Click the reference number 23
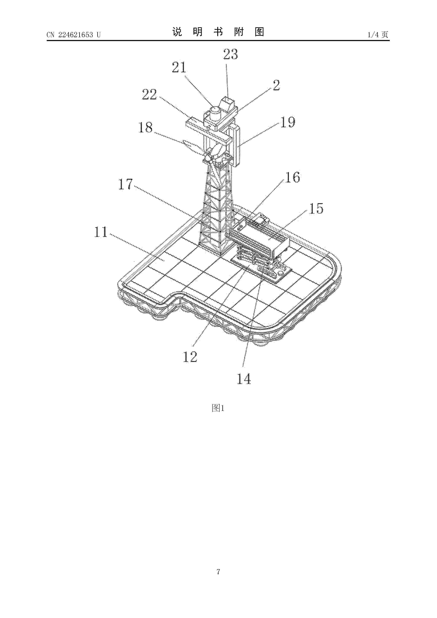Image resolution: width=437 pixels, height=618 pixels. pos(230,54)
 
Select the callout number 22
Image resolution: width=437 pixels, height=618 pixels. pos(149,94)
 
